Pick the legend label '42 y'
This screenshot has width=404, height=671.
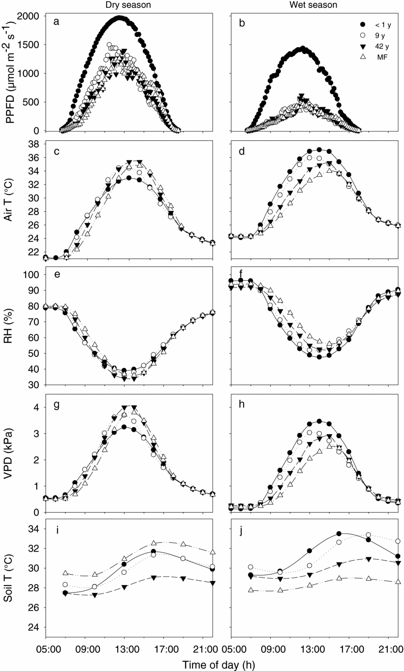tap(380, 46)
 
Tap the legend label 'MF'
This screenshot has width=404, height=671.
tap(380, 56)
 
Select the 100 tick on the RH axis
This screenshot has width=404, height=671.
tap(33, 275)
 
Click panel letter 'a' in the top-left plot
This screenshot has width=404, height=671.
tap(56, 23)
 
